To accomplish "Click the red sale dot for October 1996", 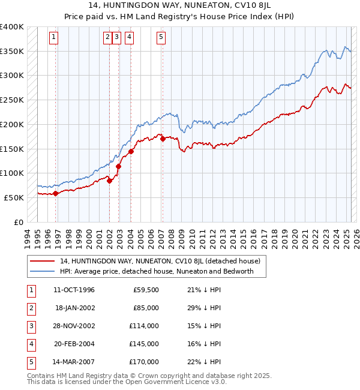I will [55, 193].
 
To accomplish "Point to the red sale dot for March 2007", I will [163, 139].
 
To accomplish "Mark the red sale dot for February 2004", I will [131, 151].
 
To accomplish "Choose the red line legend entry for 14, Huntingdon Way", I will [160, 261].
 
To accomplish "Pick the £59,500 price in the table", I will [146, 290].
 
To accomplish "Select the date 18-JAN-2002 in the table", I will [74, 308].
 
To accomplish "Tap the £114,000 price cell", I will [144, 326].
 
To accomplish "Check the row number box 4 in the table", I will [31, 344].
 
